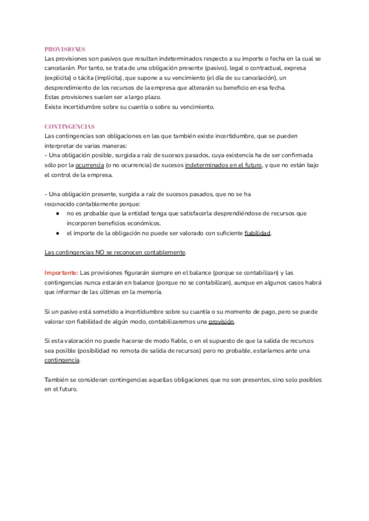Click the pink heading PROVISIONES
point(65,49)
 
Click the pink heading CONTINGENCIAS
point(69,126)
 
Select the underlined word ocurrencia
point(89,165)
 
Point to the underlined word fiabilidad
point(258,233)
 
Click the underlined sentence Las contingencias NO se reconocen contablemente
point(115,253)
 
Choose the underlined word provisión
point(221,322)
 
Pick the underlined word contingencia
point(62,360)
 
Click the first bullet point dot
point(57,213)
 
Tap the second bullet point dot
point(57,233)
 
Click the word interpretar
point(62,146)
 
